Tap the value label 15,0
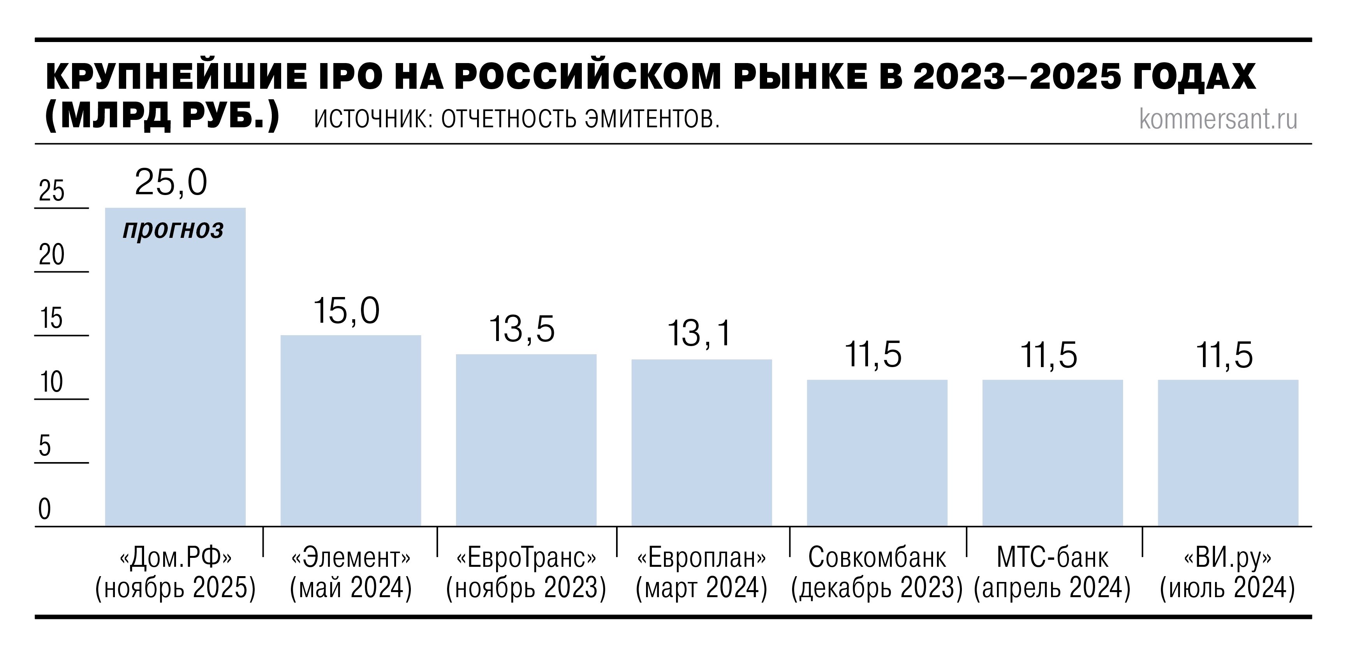[346, 311]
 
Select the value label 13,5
[522, 329]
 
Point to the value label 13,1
[699, 334]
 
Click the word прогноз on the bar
[173, 230]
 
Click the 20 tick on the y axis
[51, 255]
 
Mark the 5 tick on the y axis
[45, 446]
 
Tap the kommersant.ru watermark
[1218, 119]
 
